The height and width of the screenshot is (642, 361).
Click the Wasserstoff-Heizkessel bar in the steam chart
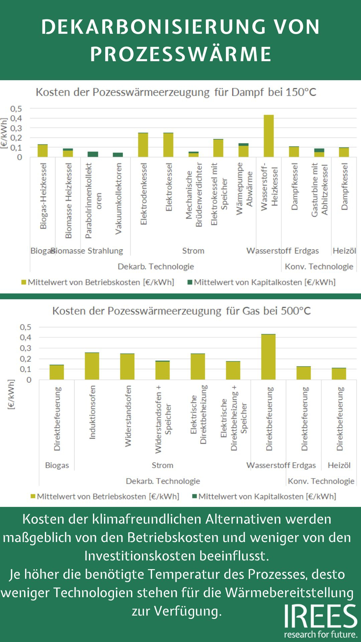(268, 136)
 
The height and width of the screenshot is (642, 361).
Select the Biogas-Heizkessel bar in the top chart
(42, 151)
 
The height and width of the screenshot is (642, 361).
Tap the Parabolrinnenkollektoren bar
(93, 154)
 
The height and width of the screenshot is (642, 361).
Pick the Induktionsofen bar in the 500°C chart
(92, 366)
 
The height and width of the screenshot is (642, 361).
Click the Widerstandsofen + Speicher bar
(162, 370)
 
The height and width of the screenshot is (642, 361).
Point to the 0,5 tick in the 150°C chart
(16, 109)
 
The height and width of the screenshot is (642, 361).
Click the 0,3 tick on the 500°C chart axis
(25, 348)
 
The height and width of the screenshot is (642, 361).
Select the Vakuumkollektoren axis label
(118, 199)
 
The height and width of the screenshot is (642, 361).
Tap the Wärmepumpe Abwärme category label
(244, 189)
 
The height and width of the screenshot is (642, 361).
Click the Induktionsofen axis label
(92, 412)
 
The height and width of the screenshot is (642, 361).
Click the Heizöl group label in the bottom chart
(339, 465)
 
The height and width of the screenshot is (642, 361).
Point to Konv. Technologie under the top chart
(319, 266)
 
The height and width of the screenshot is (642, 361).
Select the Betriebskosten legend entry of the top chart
(98, 282)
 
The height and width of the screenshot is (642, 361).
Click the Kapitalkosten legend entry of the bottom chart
(264, 497)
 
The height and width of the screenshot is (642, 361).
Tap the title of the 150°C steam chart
(176, 92)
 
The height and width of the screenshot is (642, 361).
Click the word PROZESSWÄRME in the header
(180, 54)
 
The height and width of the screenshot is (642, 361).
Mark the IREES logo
(321, 621)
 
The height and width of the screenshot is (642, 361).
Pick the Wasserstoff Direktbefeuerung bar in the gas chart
(268, 357)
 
